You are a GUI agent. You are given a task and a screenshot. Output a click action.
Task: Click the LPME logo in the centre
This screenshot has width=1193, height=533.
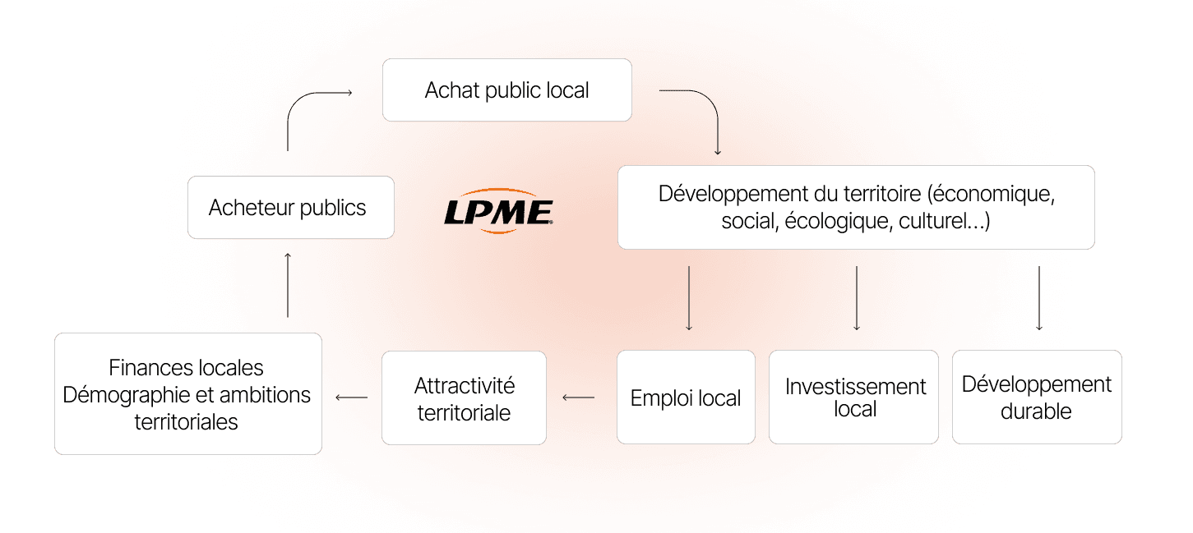tap(498, 213)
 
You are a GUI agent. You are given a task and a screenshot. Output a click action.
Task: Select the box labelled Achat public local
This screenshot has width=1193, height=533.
tap(506, 90)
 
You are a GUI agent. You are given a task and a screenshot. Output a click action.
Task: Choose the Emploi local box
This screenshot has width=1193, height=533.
tap(686, 397)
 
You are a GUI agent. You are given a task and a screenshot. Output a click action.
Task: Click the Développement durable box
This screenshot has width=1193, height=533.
tap(1036, 397)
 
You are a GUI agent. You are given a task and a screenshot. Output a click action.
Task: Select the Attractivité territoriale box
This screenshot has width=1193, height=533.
tap(464, 398)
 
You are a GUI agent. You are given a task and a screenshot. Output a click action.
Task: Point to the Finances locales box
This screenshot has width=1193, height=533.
tap(187, 394)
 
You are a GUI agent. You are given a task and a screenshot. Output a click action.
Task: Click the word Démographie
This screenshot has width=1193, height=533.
tap(124, 395)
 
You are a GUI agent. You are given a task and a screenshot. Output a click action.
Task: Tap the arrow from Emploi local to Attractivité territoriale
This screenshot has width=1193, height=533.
tap(578, 398)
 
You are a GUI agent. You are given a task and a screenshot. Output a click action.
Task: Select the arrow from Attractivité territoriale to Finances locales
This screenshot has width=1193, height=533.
tap(351, 398)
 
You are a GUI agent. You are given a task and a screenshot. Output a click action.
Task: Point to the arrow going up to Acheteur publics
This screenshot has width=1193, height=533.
tap(288, 285)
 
